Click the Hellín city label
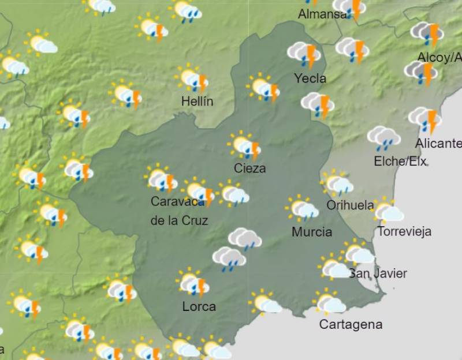pyautogui.click(x=197, y=102)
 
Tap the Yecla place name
pyautogui.click(x=310, y=78)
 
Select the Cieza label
pyautogui.click(x=250, y=168)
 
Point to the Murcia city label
pyautogui.click(x=312, y=232)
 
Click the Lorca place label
pyautogui.click(x=199, y=306)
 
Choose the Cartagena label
pyautogui.click(x=351, y=324)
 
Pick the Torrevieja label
pyautogui.click(x=404, y=232)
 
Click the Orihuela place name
pyautogui.click(x=350, y=205)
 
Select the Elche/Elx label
pyautogui.click(x=400, y=162)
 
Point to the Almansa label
pyautogui.click(x=322, y=14)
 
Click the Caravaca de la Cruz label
pyautogui.click(x=178, y=211)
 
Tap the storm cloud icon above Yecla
pyautogui.click(x=305, y=54)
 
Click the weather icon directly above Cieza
pyautogui.click(x=245, y=145)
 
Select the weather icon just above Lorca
pyautogui.click(x=193, y=283)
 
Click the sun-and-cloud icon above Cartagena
pyautogui.click(x=330, y=302)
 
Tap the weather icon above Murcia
pyautogui.click(x=302, y=209)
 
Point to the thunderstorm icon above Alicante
pyautogui.click(x=426, y=119)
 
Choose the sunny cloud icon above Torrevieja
pyautogui.click(x=388, y=211)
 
